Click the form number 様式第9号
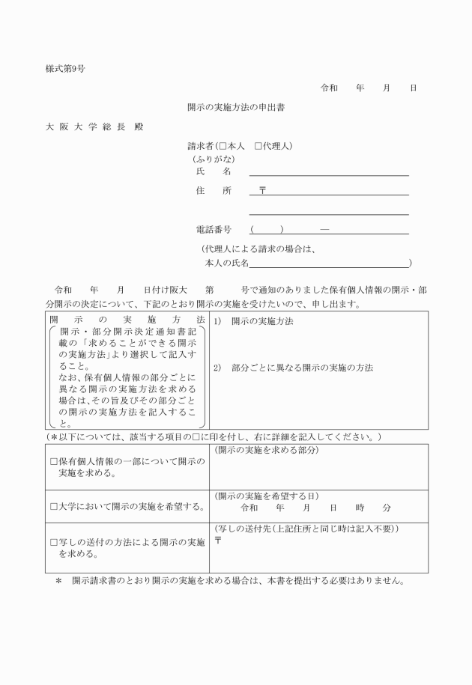65,69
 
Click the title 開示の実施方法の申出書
236,107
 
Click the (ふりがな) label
214,159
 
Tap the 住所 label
214,191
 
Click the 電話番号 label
213,229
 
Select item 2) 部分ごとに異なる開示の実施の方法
293,368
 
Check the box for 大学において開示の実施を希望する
53,507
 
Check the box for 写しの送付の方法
53,542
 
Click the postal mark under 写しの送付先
218,541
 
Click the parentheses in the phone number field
267,229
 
